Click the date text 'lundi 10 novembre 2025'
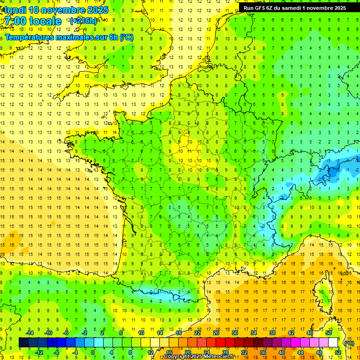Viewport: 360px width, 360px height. click(x=56, y=10)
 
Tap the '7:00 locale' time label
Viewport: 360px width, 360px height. click(x=33, y=21)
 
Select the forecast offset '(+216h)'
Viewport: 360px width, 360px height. click(x=83, y=21)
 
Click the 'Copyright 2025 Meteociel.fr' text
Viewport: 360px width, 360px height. click(x=199, y=357)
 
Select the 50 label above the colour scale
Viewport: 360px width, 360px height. click(x=329, y=333)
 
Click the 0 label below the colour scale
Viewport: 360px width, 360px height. click(x=93, y=352)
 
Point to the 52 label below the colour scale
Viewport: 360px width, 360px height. click(x=338, y=352)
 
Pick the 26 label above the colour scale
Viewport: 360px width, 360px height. click(x=216, y=333)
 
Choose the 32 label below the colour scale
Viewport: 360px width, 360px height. click(x=244, y=352)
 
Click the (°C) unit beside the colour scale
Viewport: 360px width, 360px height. click(x=349, y=343)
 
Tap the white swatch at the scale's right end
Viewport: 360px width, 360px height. click(x=333, y=343)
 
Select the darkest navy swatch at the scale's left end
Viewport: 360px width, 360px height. click(x=24, y=343)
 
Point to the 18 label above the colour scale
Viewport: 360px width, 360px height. click(x=179, y=333)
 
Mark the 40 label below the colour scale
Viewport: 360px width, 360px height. click(x=282, y=352)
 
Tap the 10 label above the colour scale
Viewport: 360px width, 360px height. click(x=141, y=333)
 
